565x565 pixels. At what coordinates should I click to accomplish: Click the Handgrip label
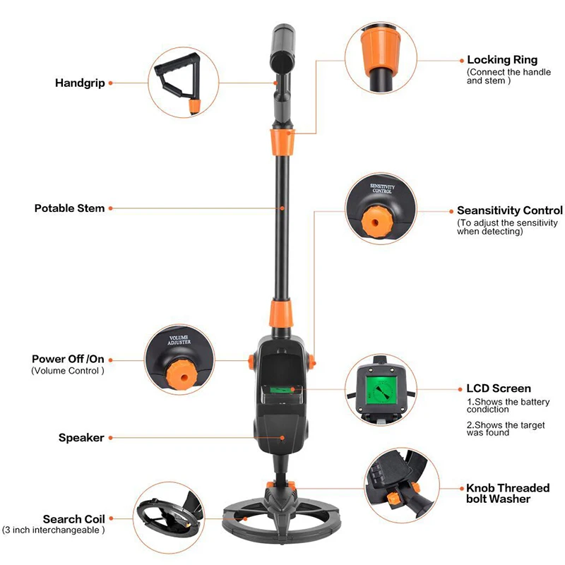[x=80, y=83]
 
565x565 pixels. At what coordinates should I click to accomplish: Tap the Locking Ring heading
[x=502, y=60]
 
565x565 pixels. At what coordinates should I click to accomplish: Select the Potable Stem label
[x=69, y=208]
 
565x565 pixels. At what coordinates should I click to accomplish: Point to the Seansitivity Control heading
[x=509, y=210]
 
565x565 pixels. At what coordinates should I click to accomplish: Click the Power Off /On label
[x=68, y=359]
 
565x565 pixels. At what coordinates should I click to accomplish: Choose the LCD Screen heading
[x=499, y=388]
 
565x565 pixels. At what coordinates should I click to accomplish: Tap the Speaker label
[x=81, y=438]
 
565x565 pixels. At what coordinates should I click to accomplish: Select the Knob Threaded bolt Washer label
[x=507, y=493]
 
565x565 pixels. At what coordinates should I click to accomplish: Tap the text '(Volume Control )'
[x=67, y=371]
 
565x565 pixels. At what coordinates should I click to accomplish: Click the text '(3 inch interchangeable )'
[x=53, y=530]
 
